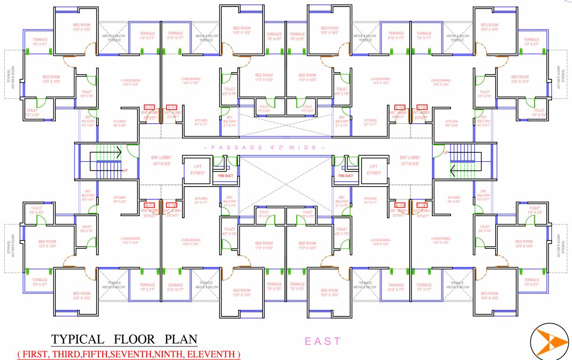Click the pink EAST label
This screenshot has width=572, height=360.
pos(323,341)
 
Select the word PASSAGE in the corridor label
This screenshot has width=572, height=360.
pos(234,148)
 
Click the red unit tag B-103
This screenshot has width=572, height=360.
pos(150,107)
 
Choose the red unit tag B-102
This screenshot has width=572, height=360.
pos(150,205)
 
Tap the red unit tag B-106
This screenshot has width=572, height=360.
pos(422,107)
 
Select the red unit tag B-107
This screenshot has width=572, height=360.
pos(422,205)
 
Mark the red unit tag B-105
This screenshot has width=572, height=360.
pos(400,107)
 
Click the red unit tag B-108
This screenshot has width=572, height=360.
pos(400,205)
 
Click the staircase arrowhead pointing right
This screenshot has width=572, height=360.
pos(119,152)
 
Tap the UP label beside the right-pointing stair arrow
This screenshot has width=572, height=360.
pos(125,171)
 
